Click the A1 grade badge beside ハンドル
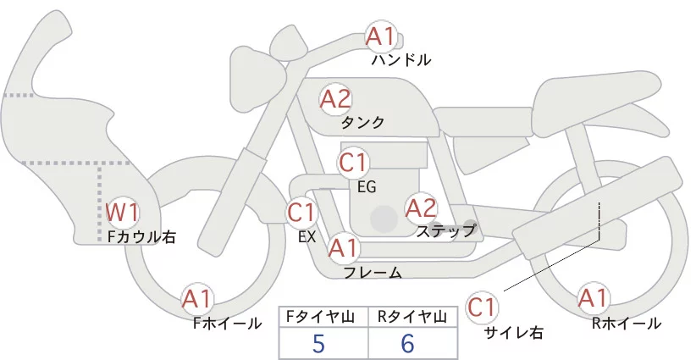tap(380, 36)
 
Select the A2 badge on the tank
tap(335, 99)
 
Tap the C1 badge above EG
tap(353, 162)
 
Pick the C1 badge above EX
tap(301, 211)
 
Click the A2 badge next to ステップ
tap(421, 207)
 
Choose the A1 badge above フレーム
tap(343, 248)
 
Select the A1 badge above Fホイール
tap(198, 298)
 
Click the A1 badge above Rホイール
tap(592, 297)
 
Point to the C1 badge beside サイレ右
tap(482, 306)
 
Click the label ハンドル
tap(401, 60)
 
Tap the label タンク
tap(362, 123)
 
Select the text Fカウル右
tap(141, 237)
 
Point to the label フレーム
tap(373, 272)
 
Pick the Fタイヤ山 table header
tap(323, 317)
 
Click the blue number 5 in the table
tap(318, 344)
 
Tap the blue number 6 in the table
tap(408, 344)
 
